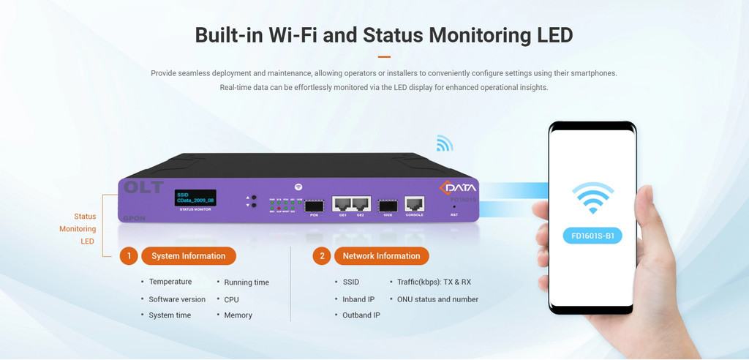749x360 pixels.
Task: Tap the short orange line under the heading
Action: pos(384,56)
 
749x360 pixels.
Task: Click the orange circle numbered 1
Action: pos(128,256)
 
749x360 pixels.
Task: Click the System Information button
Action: pos(188,256)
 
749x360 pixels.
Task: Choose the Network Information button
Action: pos(381,256)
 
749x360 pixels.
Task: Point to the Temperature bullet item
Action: pos(170,282)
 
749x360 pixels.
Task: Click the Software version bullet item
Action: pos(177,299)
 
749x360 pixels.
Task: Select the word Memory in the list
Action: pos(238,315)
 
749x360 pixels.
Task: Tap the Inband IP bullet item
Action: pos(358,299)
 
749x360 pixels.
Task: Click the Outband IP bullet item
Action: pos(361,315)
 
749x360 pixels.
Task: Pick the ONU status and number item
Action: pos(437,299)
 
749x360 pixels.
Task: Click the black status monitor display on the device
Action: pos(194,198)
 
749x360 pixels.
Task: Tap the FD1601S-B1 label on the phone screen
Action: pos(592,236)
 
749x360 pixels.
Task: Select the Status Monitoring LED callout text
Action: pos(85,229)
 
